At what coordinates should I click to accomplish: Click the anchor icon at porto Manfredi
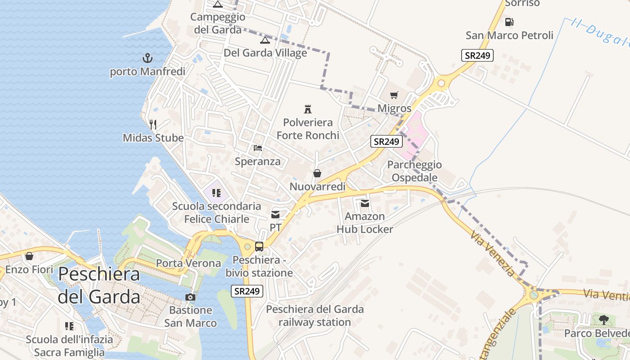point(147,58)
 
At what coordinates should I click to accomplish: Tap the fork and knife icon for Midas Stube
point(153,124)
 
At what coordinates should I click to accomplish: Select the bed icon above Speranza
point(258,148)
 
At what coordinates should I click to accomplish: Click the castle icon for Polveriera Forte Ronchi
point(308,109)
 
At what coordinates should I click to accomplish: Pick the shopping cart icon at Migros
point(394,95)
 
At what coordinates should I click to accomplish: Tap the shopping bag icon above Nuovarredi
point(317,173)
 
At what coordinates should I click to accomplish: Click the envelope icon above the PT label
point(275,215)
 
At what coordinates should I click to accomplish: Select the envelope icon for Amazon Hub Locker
point(364,203)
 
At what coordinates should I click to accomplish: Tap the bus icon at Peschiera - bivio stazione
point(259,247)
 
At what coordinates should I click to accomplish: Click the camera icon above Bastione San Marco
point(190,297)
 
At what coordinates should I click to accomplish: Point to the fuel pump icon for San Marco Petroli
point(509,22)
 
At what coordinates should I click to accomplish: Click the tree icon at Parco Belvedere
point(604,320)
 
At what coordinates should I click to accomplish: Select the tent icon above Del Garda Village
point(265,40)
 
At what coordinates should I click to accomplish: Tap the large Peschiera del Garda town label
point(99,285)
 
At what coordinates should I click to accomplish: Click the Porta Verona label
point(189,263)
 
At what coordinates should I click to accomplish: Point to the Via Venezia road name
point(493,254)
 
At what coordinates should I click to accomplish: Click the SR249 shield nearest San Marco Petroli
point(477,55)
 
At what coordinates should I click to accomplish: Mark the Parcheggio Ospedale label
point(414,171)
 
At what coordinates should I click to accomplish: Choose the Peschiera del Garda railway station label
point(315,315)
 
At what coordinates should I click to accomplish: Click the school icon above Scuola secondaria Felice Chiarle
point(216,193)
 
